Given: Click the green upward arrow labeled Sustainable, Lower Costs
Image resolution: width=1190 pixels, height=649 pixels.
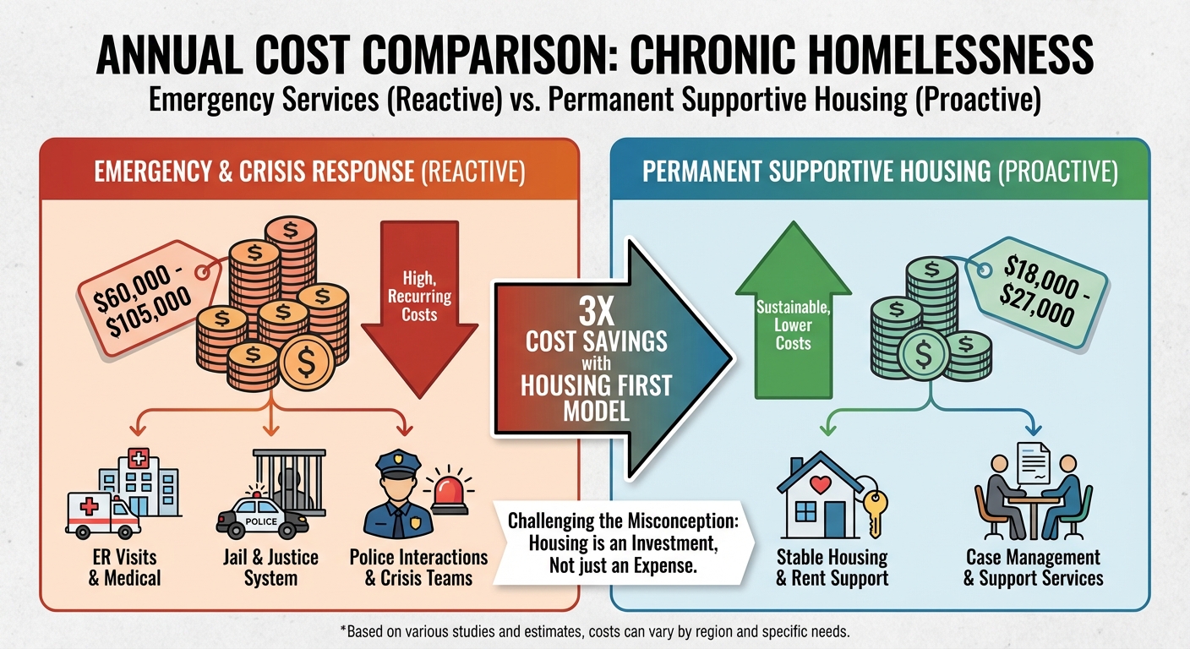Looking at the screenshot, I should pos(793,313).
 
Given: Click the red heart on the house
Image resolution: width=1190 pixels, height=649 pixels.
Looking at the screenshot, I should pos(817,485).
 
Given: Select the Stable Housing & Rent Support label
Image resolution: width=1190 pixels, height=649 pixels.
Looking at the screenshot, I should pos(832,568).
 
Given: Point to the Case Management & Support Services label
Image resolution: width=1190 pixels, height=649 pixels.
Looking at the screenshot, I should pos(1033,568).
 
